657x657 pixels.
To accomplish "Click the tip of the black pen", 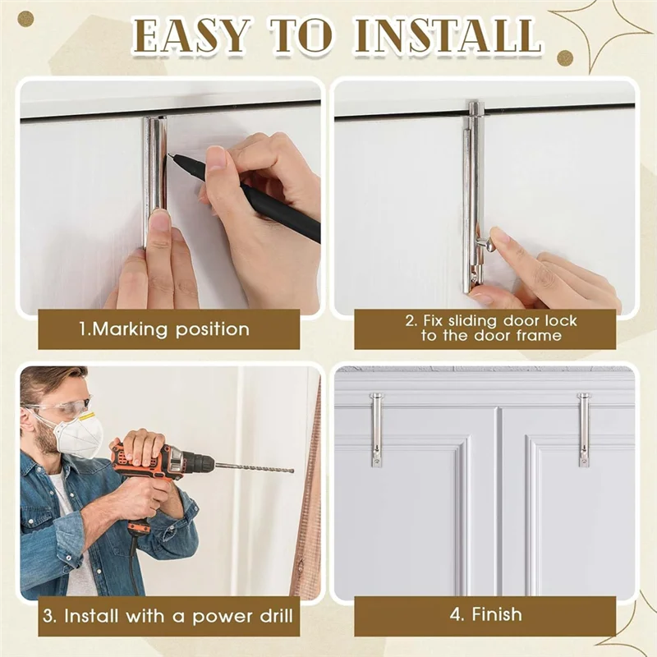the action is [170, 155].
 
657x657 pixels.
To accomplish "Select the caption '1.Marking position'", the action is [164, 329].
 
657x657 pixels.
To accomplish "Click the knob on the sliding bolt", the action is [486, 242].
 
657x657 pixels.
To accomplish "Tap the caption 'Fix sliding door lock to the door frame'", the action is [491, 328].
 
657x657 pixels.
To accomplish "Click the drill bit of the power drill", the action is [254, 466].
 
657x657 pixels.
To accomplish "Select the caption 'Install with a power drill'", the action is [168, 617].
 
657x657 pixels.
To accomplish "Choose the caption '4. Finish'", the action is [486, 614].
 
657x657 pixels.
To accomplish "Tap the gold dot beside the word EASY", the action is [25, 19].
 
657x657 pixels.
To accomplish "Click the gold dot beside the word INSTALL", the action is [565, 57].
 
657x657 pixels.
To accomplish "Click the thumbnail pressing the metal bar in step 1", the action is [159, 220].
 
